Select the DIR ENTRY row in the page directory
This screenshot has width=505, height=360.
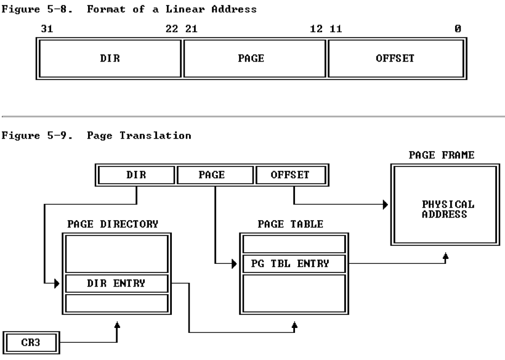pyautogui.click(x=116, y=284)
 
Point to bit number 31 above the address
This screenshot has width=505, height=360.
pyautogui.click(x=46, y=29)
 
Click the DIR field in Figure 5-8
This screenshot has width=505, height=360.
pyautogui.click(x=110, y=59)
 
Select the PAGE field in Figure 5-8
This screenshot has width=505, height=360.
pyautogui.click(x=254, y=59)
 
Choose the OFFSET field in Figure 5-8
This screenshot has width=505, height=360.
pyautogui.click(x=394, y=59)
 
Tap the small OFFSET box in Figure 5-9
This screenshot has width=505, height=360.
pyautogui.click(x=289, y=175)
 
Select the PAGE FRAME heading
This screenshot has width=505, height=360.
pyautogui.click(x=441, y=155)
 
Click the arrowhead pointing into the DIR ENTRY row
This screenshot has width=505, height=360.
pyautogui.click(x=59, y=284)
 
